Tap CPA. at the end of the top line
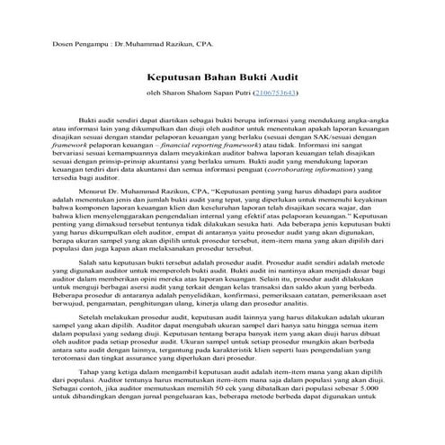[211, 42]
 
